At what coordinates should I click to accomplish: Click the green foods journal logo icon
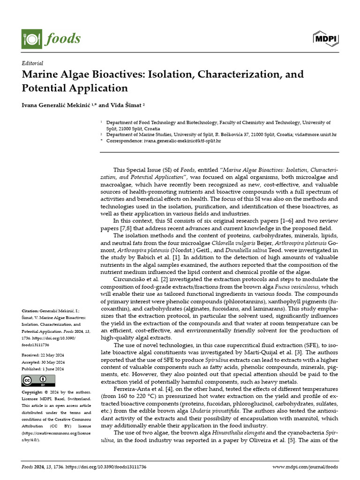(31, 38)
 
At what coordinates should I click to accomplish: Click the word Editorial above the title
(32, 63)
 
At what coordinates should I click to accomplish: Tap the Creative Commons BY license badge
(35, 381)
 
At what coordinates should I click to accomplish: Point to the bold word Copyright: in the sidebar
(34, 391)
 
